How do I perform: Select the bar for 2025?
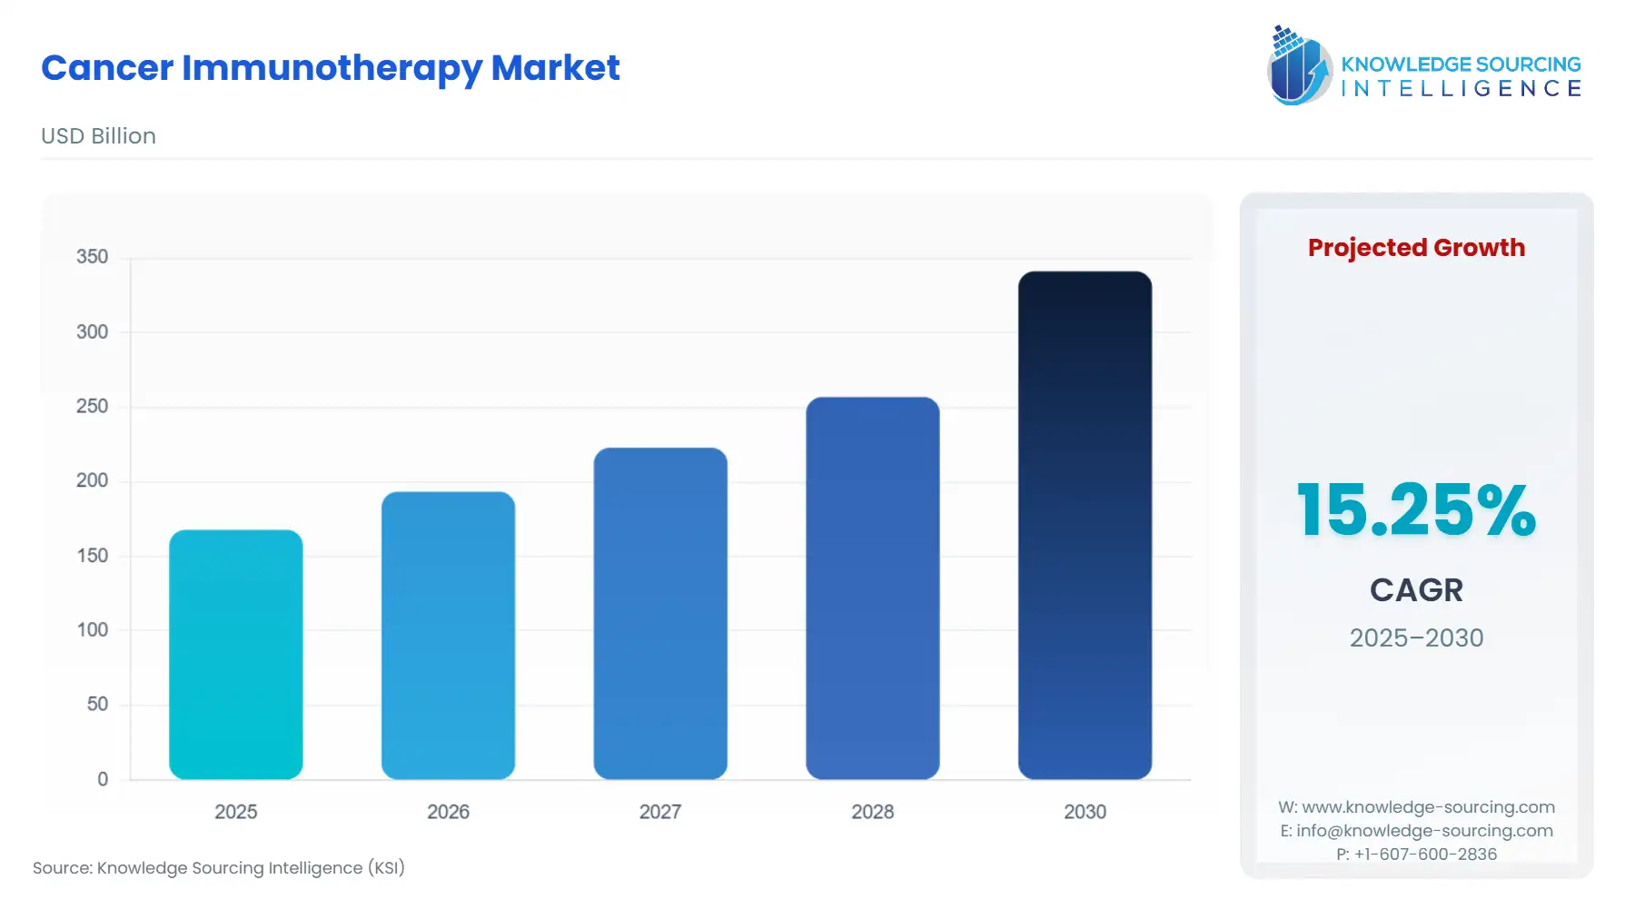point(236,654)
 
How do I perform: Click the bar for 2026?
point(448,636)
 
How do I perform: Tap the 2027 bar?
point(660,613)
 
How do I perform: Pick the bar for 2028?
point(872,588)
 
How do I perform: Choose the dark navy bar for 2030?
point(1085,525)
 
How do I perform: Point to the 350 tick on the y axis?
point(92,257)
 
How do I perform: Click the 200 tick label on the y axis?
point(92,480)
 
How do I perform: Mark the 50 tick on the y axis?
point(97,704)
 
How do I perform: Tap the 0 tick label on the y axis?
point(103,779)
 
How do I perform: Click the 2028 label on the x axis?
point(872,812)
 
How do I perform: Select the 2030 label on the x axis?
point(1085,812)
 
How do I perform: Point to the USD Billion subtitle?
point(98,136)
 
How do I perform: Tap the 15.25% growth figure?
point(1416,510)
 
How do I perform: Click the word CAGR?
point(1416,590)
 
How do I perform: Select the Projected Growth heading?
point(1416,248)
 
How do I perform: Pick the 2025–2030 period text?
point(1416,637)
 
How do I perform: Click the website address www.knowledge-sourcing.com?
point(1428,807)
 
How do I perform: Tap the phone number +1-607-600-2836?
point(1425,854)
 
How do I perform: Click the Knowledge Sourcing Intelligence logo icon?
point(1299,65)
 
